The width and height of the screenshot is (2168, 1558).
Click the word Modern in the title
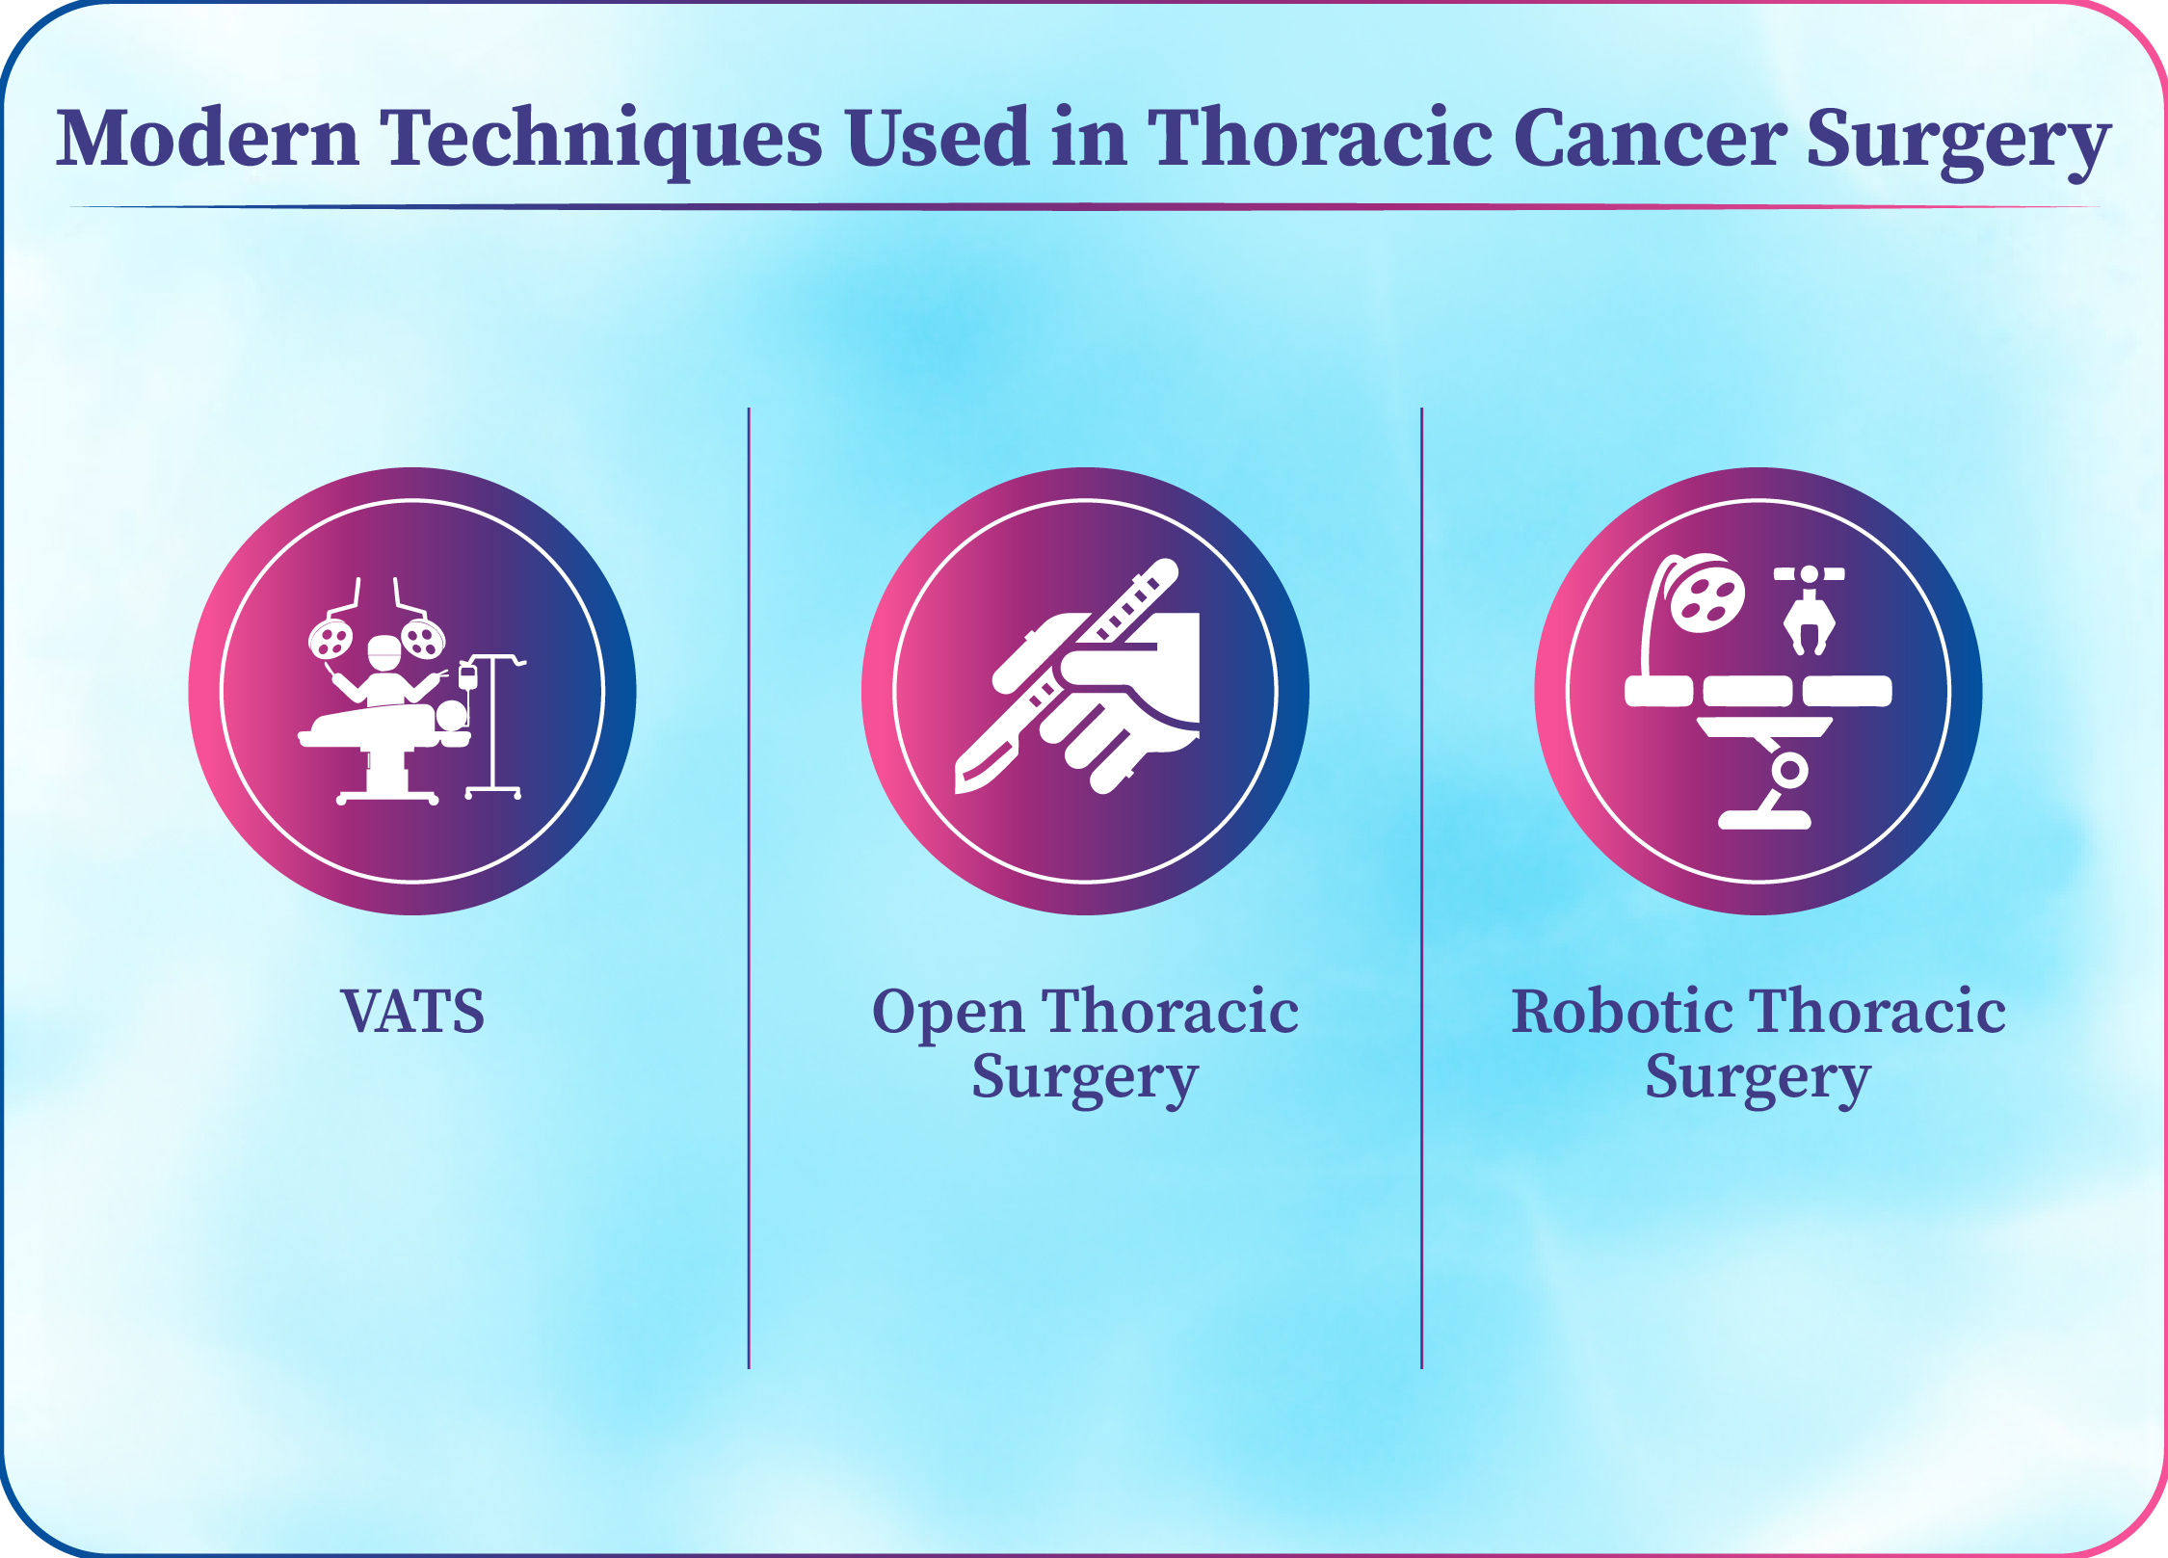[x=208, y=137]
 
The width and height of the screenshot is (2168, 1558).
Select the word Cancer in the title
[x=1651, y=138]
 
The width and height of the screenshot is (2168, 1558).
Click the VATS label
[x=412, y=1012]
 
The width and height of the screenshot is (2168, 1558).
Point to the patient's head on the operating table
[x=451, y=715]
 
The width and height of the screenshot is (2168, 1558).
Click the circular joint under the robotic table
[x=1790, y=771]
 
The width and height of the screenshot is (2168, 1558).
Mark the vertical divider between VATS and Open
[x=749, y=887]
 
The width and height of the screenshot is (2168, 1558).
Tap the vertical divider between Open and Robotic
[x=1421, y=887]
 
